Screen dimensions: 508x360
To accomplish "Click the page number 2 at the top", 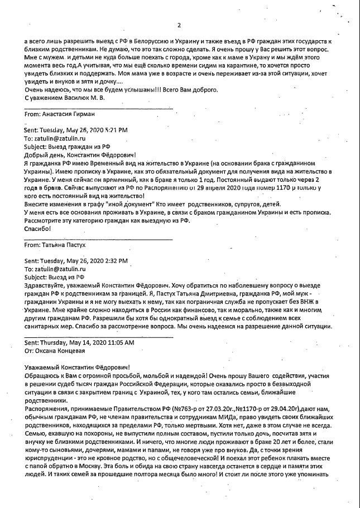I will tap(179, 25).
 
